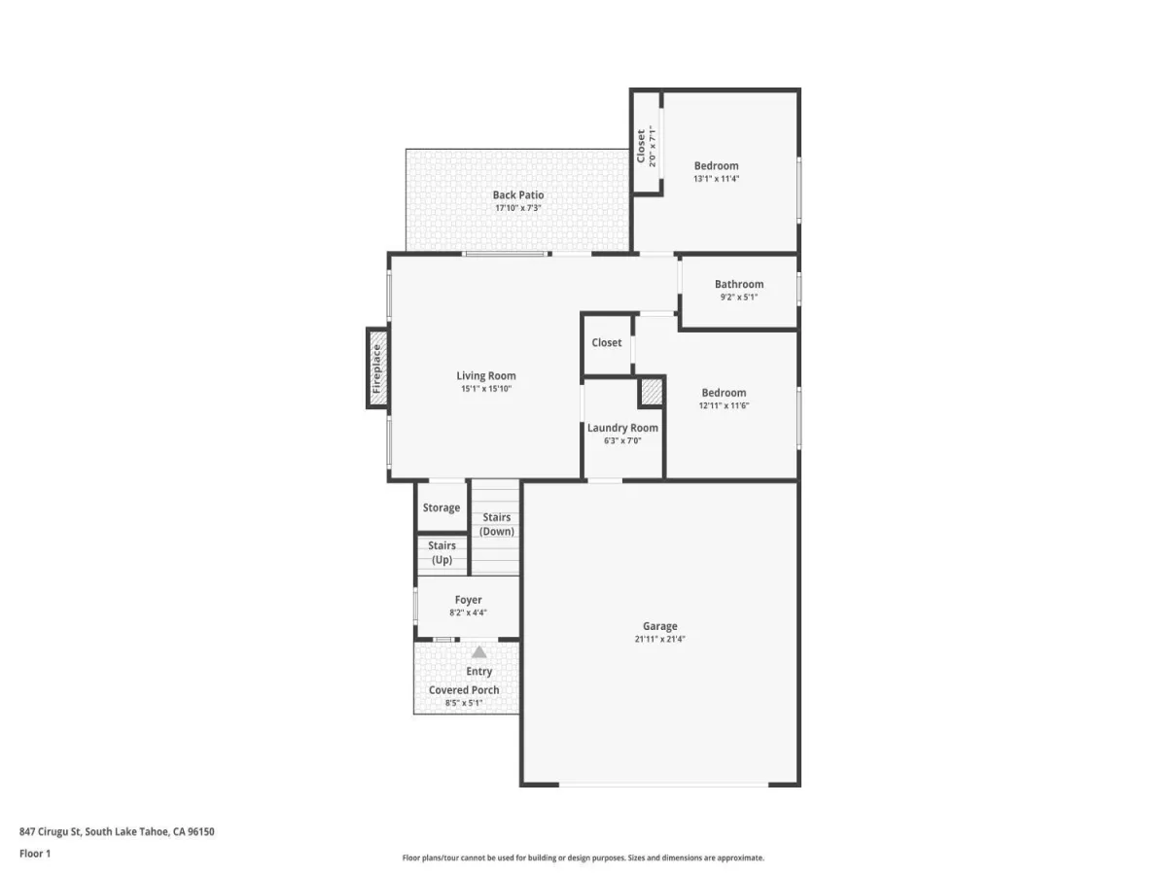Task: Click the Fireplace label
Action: point(377,368)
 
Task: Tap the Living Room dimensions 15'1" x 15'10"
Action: point(486,389)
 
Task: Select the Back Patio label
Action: point(518,195)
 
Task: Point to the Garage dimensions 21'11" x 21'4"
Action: point(659,639)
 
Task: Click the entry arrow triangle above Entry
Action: point(479,651)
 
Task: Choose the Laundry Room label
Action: point(622,428)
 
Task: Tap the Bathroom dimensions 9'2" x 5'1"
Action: point(739,297)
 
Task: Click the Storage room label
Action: point(442,507)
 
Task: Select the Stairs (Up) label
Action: point(442,552)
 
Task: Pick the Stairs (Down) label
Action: point(497,524)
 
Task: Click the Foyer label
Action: point(468,600)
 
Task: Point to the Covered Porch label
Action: point(464,690)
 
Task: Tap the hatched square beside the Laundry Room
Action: point(652,392)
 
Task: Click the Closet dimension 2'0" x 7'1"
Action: point(653,146)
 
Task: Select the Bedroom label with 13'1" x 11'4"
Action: point(716,165)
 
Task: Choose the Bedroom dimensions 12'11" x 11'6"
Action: point(724,405)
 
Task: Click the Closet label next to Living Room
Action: point(607,342)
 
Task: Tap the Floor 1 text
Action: point(35,854)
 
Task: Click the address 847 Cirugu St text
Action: point(51,832)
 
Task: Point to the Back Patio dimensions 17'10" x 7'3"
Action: point(518,208)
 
